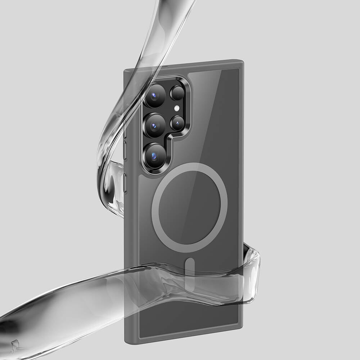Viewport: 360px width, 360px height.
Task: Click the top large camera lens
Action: coord(155,96)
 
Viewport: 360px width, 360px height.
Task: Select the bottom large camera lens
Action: coord(155,156)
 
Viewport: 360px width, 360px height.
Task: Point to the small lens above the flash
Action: coord(177,93)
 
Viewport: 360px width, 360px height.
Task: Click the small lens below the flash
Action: coord(177,123)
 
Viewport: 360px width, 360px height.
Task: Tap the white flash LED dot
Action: coord(177,108)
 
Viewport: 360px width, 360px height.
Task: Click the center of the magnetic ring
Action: coord(189,207)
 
